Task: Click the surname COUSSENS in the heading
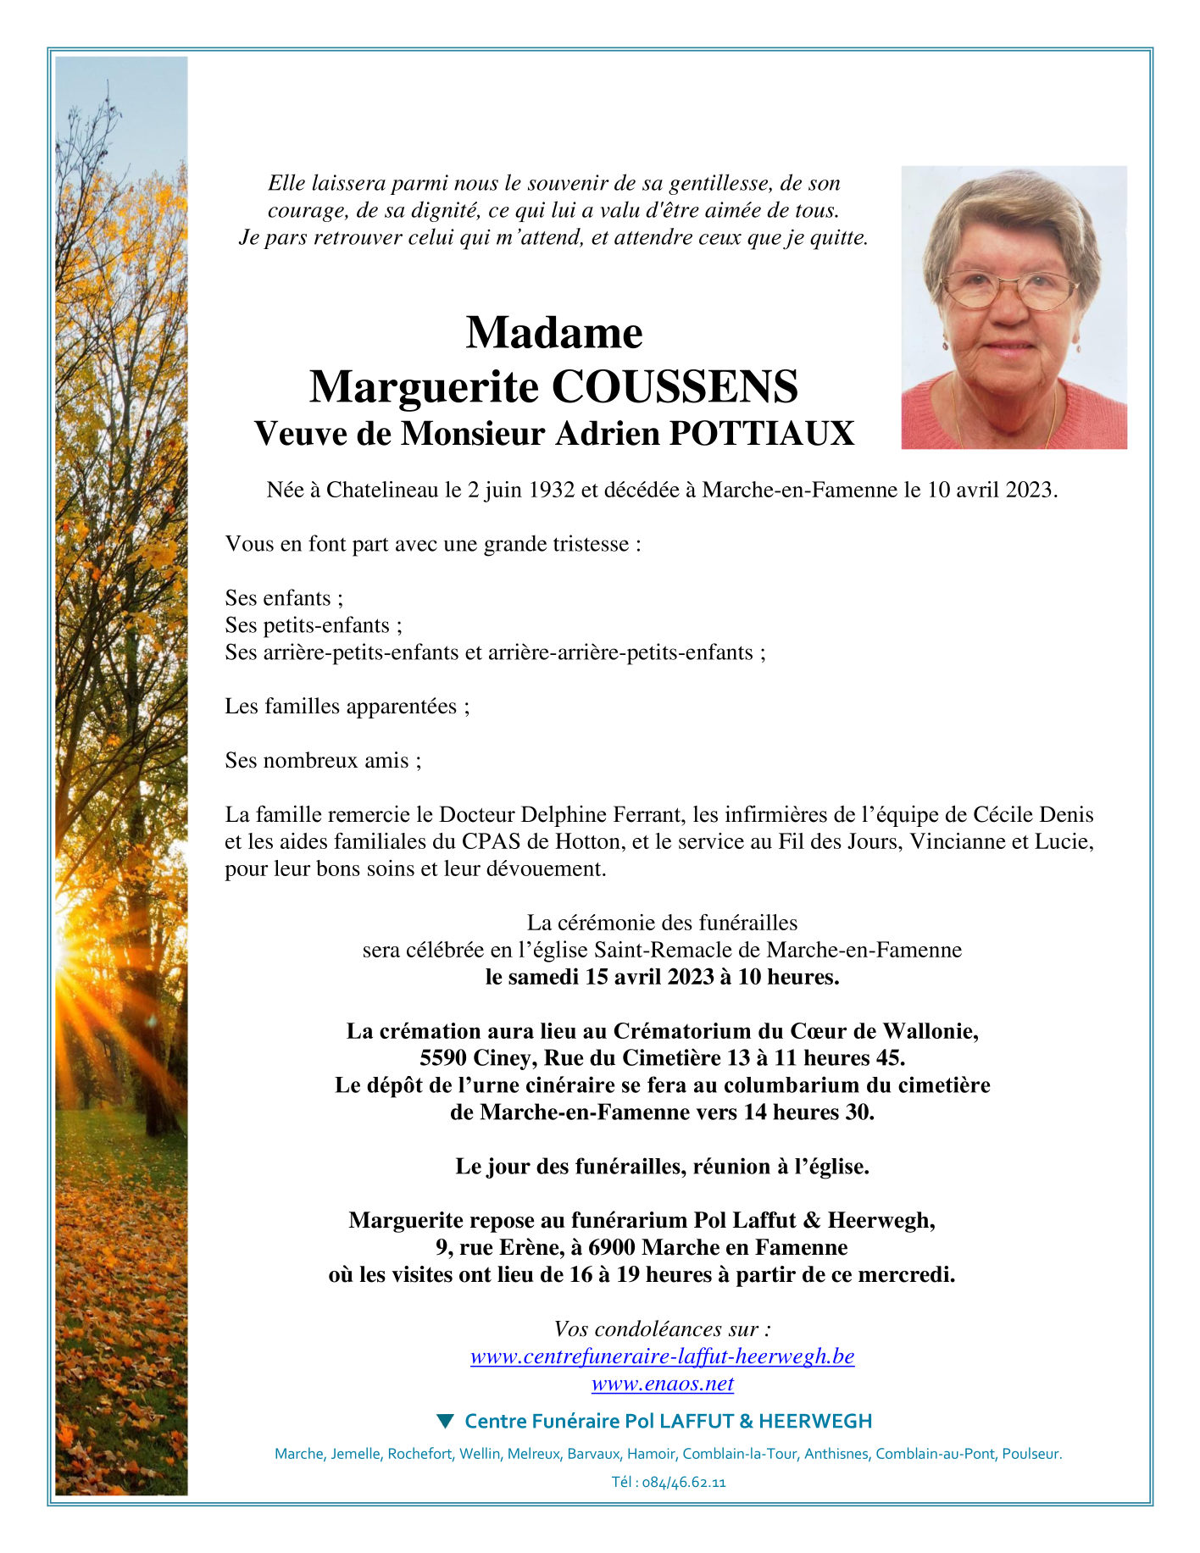[x=675, y=387]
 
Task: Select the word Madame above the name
[x=554, y=332]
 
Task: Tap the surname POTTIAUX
[x=761, y=434]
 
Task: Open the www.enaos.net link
[x=662, y=1384]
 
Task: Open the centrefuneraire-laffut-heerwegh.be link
[x=662, y=1356]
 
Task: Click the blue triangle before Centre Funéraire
[x=445, y=1420]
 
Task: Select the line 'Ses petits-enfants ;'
[x=314, y=625]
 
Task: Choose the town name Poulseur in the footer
[x=1031, y=1454]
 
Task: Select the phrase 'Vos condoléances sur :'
[x=662, y=1328]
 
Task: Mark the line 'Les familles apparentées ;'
[x=347, y=707]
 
